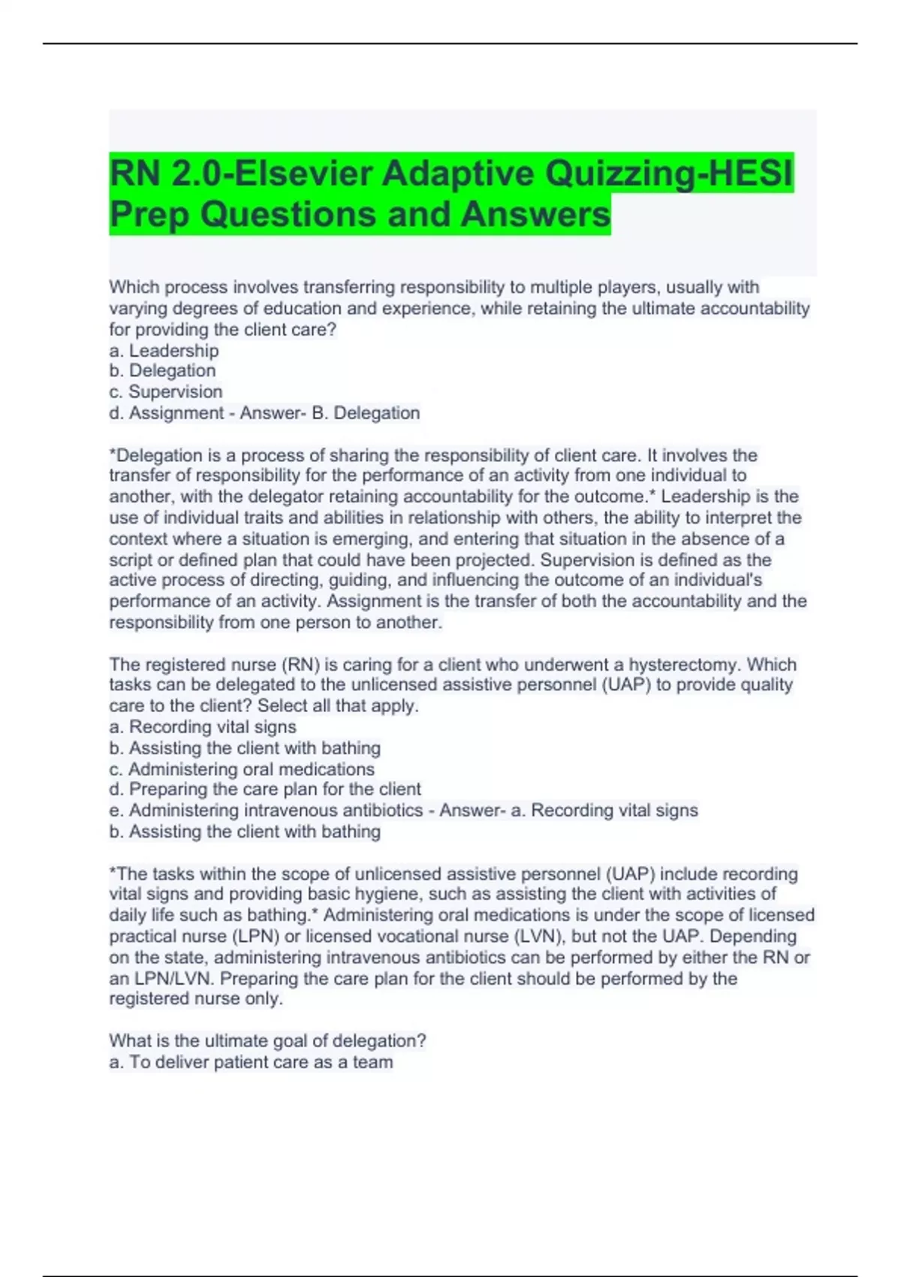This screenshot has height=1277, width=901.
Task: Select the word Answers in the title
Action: (x=535, y=215)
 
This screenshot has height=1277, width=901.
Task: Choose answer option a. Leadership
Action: (x=164, y=351)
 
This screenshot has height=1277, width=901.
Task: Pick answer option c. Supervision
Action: (x=165, y=392)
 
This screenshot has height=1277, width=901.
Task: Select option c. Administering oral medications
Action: (x=242, y=769)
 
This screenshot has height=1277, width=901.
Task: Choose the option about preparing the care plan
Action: (x=265, y=789)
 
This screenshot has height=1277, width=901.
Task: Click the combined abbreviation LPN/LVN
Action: (x=173, y=979)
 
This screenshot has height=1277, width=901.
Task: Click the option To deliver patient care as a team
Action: (x=251, y=1062)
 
